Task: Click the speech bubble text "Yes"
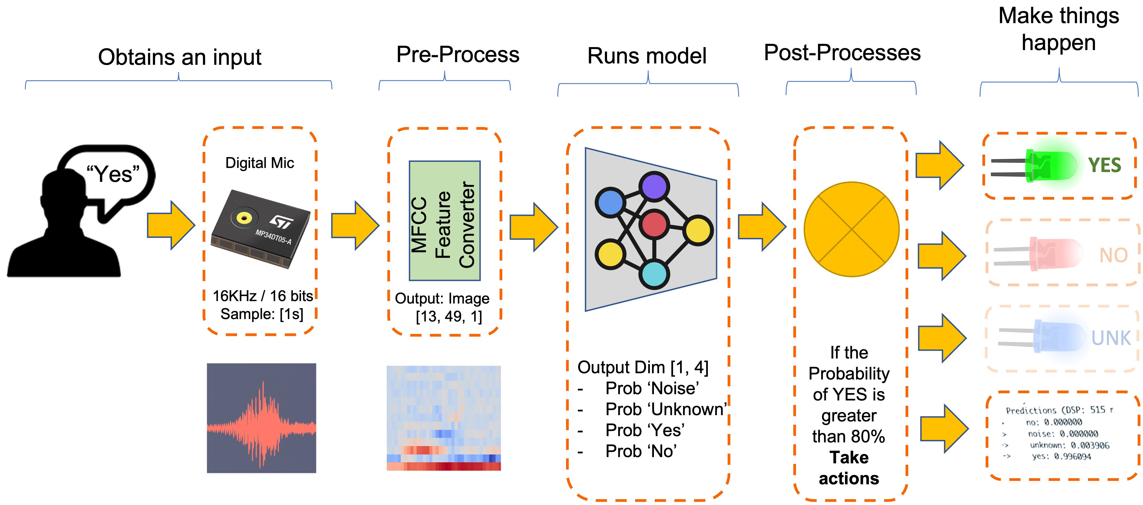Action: tap(113, 174)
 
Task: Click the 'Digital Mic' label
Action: tap(260, 163)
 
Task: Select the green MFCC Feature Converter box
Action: tap(444, 221)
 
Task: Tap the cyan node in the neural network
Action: tap(654, 274)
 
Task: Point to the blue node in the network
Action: tap(611, 202)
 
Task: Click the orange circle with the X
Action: tap(851, 229)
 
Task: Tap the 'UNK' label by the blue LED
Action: tap(1111, 338)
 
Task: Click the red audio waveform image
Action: tap(261, 418)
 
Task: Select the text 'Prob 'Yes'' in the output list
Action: tap(644, 430)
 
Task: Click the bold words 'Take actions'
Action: tap(849, 468)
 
